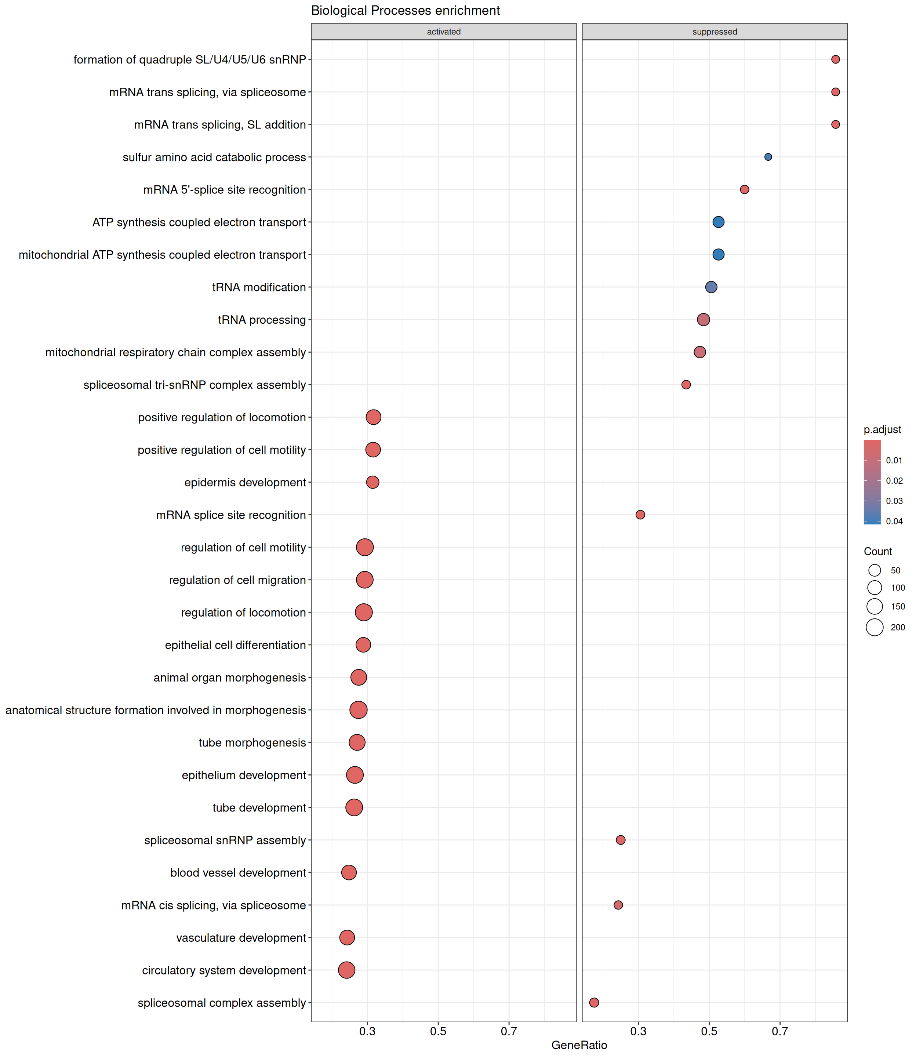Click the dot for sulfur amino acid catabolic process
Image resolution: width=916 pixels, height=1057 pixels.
tap(768, 157)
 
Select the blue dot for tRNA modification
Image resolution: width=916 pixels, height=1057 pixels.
tap(711, 287)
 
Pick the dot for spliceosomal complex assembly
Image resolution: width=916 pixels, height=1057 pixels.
tap(594, 1002)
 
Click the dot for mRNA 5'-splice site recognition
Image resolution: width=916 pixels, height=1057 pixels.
tap(744, 190)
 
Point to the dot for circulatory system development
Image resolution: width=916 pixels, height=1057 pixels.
tap(346, 970)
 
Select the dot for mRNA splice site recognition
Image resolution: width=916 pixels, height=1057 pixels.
tap(640, 515)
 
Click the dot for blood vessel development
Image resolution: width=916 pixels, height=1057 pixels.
tap(349, 872)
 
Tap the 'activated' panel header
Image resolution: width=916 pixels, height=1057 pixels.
tap(444, 32)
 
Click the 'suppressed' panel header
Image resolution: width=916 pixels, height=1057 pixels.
tap(715, 32)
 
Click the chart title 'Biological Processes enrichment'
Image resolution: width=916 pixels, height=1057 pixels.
tap(406, 11)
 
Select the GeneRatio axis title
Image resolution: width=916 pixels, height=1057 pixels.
tap(579, 1045)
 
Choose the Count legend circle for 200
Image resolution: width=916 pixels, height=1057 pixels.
tap(875, 627)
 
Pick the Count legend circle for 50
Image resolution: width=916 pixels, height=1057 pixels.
tap(875, 570)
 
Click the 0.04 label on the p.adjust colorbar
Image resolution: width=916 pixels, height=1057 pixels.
tap(895, 522)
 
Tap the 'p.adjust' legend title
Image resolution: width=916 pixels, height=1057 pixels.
tap(882, 429)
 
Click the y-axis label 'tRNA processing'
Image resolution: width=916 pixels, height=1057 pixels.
tap(262, 320)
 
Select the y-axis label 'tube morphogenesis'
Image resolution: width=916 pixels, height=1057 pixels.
tap(252, 743)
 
